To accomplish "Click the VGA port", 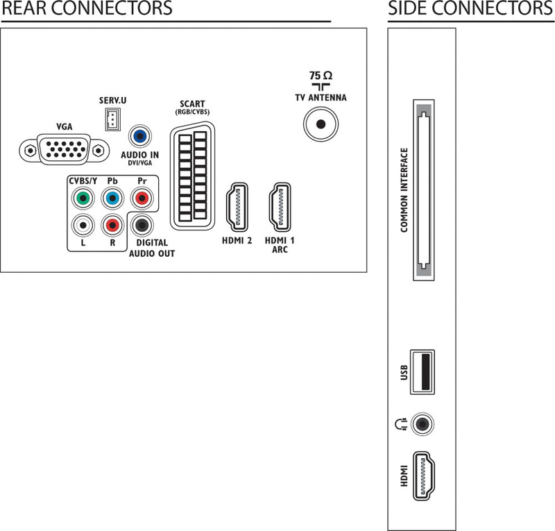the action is [64, 149].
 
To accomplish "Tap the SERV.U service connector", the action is [112, 119].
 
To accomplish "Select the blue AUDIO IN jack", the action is [140, 136].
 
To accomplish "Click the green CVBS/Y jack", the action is [83, 198].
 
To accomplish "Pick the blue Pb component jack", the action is [112, 198].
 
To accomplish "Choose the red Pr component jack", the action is [142, 198].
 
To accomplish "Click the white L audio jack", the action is [83, 225].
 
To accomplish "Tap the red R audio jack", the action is [112, 225].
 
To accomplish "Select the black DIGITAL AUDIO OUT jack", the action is [142, 225].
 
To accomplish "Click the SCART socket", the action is [192, 176].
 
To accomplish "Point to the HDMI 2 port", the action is [237, 208].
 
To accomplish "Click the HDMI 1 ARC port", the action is [280, 208].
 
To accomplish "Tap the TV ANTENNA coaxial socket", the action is [321, 124].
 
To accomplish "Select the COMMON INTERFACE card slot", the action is [424, 190].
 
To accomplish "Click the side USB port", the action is [422, 372].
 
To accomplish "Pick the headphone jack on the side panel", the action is [422, 424].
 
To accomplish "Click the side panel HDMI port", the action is [424, 475].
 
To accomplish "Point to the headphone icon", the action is [401, 424].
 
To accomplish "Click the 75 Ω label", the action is [321, 76].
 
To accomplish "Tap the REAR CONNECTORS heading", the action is [87, 8].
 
